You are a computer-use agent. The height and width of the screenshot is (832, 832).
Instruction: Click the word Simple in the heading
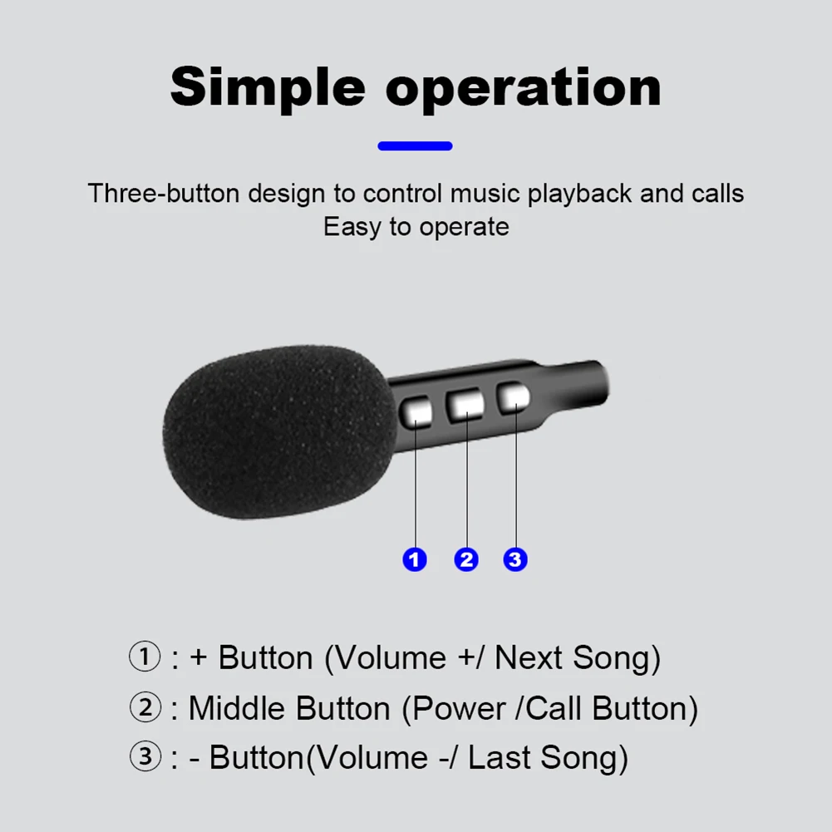[x=268, y=87]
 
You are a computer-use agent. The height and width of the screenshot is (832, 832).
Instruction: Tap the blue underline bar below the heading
[x=415, y=146]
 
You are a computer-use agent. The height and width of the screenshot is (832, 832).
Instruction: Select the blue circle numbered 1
[x=415, y=559]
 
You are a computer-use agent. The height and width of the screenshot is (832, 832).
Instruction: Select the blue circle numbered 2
[x=466, y=559]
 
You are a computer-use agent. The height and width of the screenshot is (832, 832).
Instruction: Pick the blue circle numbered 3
[x=515, y=559]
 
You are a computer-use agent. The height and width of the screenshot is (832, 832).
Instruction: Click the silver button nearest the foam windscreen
[x=416, y=412]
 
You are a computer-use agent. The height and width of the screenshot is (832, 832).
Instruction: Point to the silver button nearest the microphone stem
[x=513, y=397]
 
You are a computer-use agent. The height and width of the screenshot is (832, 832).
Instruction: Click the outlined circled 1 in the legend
[x=145, y=657]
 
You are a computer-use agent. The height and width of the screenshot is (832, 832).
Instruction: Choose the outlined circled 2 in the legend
[x=145, y=706]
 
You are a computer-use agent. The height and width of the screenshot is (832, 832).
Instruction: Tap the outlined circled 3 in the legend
[x=145, y=756]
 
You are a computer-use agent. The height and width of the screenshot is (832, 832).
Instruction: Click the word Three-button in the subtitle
[x=164, y=193]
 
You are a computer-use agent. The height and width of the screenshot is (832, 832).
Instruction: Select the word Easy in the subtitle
[x=352, y=227]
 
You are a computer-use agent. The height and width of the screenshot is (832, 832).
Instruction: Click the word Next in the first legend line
[x=528, y=658]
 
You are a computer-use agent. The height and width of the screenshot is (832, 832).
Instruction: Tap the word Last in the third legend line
[x=499, y=757]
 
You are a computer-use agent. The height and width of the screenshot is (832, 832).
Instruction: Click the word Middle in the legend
[x=237, y=708]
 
